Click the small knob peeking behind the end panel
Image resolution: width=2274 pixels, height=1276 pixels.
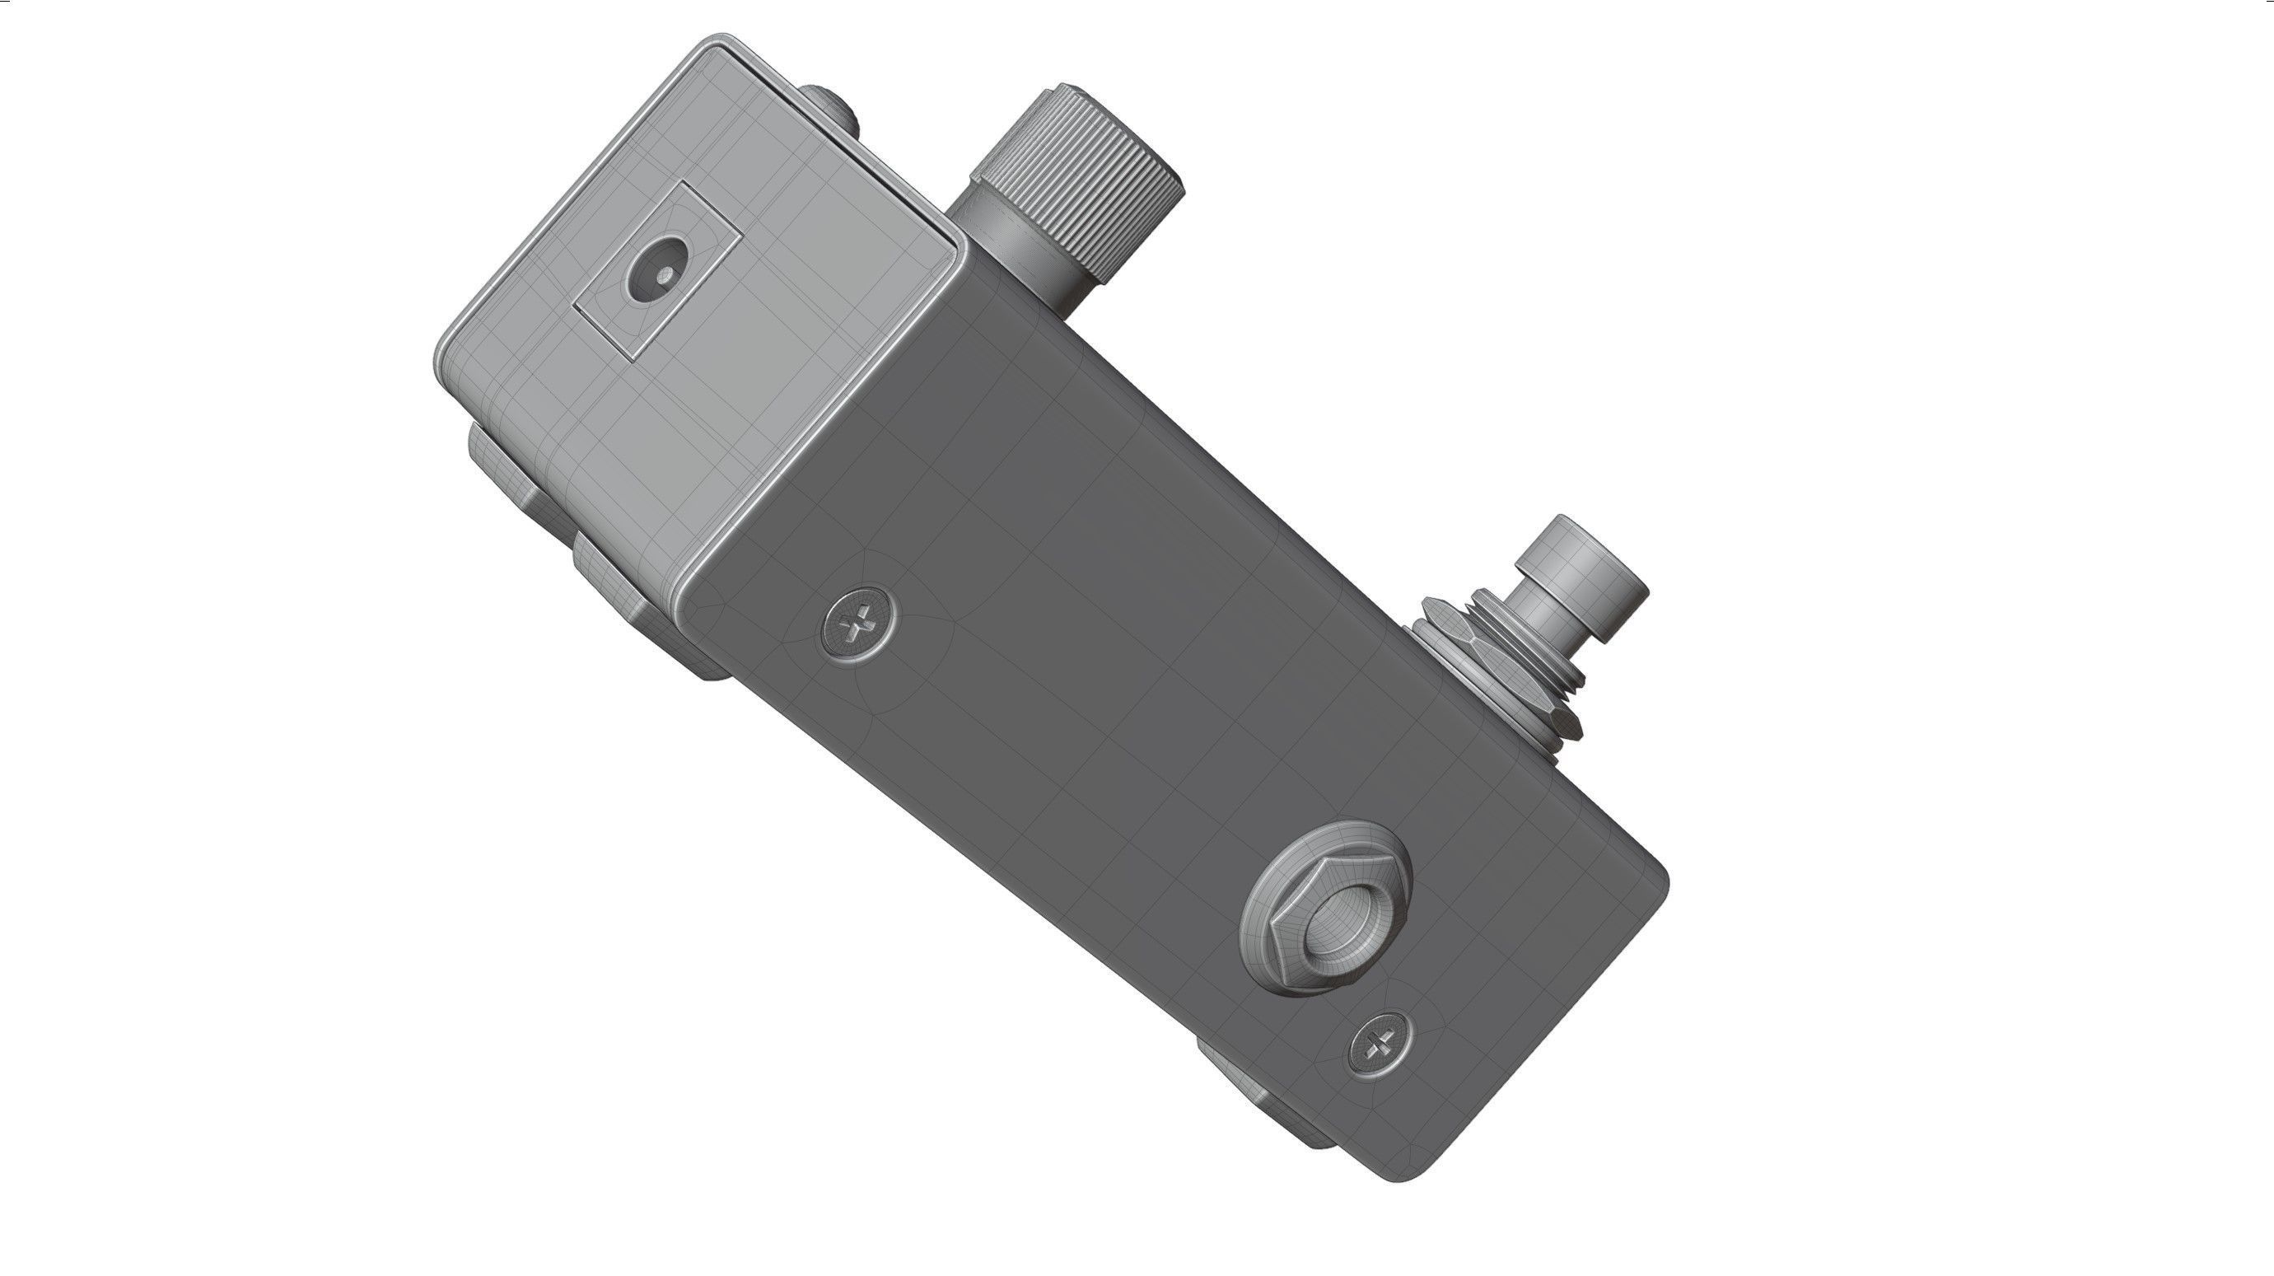(830, 106)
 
